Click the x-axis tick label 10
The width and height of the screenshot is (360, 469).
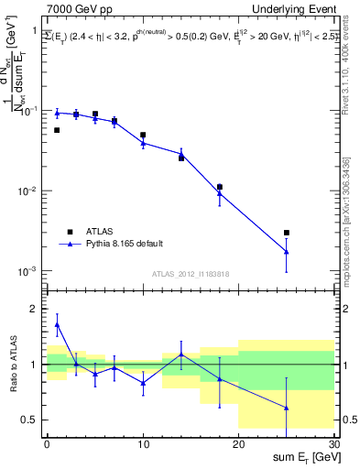(x=143, y=443)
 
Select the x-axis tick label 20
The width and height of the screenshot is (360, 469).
(x=238, y=443)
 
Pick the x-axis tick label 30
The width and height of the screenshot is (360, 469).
(x=333, y=443)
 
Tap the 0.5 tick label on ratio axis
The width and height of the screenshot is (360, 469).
(x=32, y=420)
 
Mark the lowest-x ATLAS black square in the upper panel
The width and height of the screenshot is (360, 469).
(x=57, y=130)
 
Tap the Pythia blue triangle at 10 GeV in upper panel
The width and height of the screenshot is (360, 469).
(x=143, y=143)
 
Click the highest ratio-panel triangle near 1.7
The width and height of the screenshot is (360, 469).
(x=57, y=324)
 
